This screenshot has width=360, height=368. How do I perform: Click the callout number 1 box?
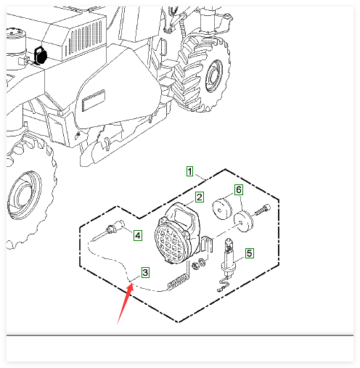189,171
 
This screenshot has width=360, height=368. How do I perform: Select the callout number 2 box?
200,197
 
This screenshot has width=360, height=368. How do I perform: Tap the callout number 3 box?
145,273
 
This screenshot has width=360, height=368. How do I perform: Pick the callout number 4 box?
138,235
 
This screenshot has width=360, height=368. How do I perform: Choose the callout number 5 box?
250,253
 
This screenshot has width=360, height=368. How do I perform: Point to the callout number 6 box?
239,190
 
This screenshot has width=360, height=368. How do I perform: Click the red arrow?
125,304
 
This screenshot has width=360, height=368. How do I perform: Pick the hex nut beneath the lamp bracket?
195,266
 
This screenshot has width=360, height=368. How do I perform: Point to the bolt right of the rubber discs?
262,210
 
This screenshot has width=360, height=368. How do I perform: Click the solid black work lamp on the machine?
40,55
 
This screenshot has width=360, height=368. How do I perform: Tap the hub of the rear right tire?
214,75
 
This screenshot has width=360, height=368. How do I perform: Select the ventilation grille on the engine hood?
85,38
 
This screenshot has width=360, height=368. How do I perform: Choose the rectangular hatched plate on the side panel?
94,100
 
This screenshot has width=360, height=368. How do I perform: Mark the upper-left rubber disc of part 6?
222,209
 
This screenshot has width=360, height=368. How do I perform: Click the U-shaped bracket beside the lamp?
207,244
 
